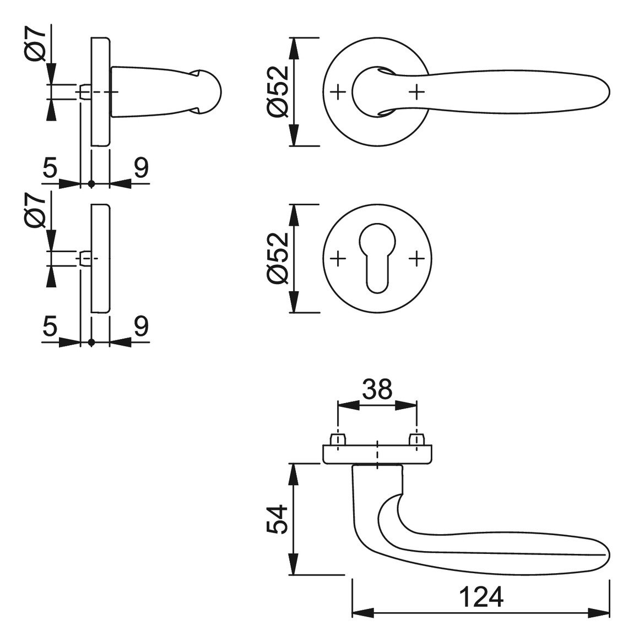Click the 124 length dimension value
tap(481, 597)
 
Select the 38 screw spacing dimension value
tap(377, 389)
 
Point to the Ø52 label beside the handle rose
tap(277, 91)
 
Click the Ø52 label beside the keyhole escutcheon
tap(277, 258)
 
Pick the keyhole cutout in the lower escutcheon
tap(377, 258)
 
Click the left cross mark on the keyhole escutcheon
tap(338, 258)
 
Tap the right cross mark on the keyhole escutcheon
tap(416, 258)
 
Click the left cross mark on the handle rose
tap(338, 92)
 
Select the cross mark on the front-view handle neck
tap(416, 92)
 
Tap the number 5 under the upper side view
tap(50, 168)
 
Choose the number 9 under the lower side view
tap(141, 327)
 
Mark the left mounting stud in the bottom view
tap(338, 439)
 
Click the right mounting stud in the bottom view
tap(417, 439)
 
